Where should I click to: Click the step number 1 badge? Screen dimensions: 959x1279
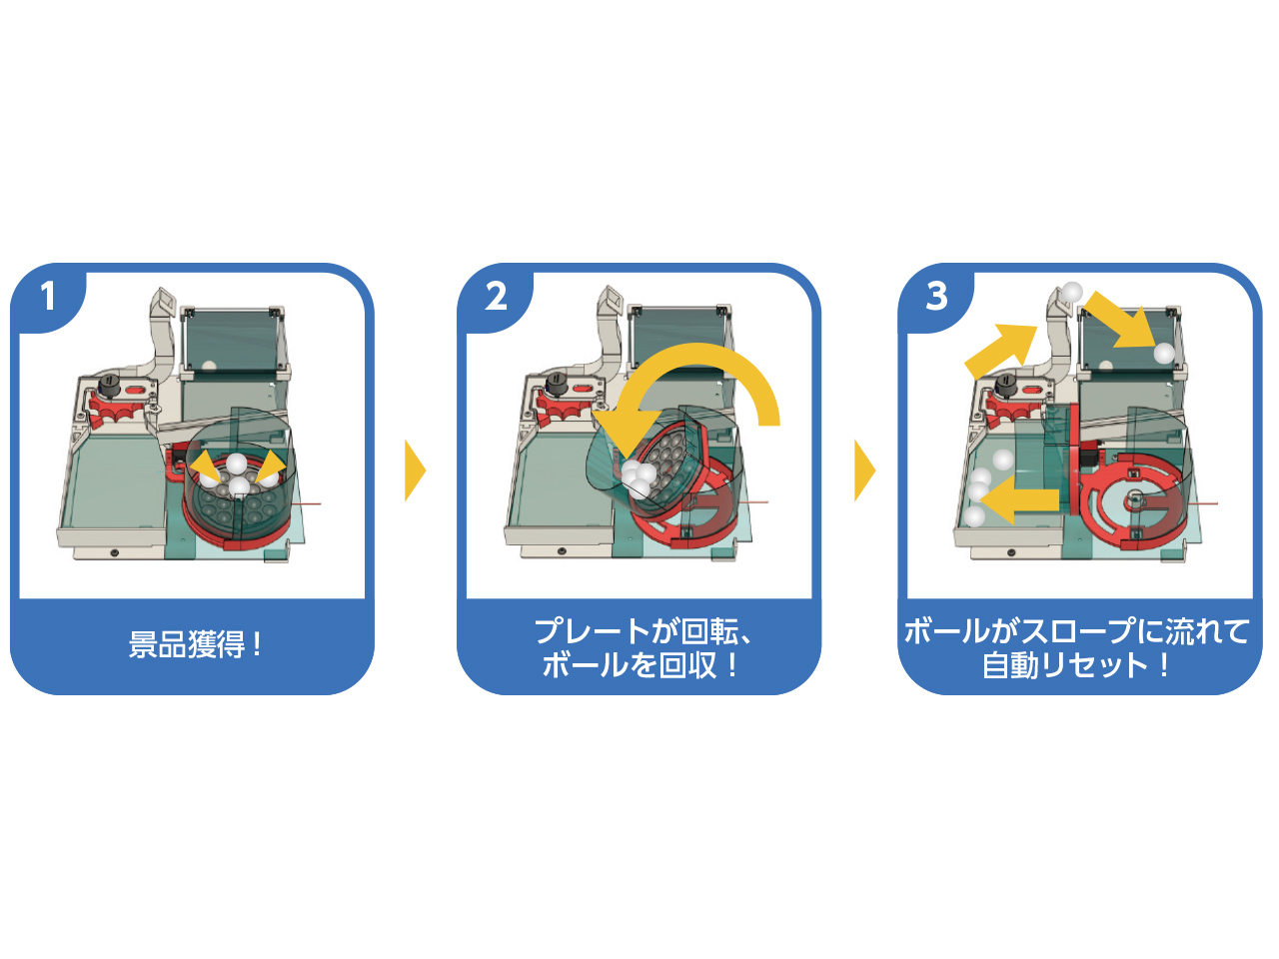click(47, 297)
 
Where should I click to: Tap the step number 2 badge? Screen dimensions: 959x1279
click(496, 297)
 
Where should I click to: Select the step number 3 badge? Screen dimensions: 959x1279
click(936, 297)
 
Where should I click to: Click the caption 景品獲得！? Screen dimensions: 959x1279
click(194, 645)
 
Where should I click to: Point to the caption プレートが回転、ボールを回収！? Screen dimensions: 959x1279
click(640, 647)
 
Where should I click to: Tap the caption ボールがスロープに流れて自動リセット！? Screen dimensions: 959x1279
click(1077, 647)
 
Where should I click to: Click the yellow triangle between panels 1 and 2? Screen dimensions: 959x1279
click(414, 470)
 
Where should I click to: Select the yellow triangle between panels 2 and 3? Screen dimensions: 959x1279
click(863, 470)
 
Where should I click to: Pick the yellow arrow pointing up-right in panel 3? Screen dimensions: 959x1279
click(1002, 346)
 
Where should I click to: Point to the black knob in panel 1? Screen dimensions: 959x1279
click(109, 383)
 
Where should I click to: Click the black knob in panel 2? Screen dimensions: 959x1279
click(557, 383)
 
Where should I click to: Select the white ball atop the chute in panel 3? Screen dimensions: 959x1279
click(1072, 292)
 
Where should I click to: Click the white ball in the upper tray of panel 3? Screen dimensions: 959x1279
click(1163, 353)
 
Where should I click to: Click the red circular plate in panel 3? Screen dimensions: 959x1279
click(1129, 499)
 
